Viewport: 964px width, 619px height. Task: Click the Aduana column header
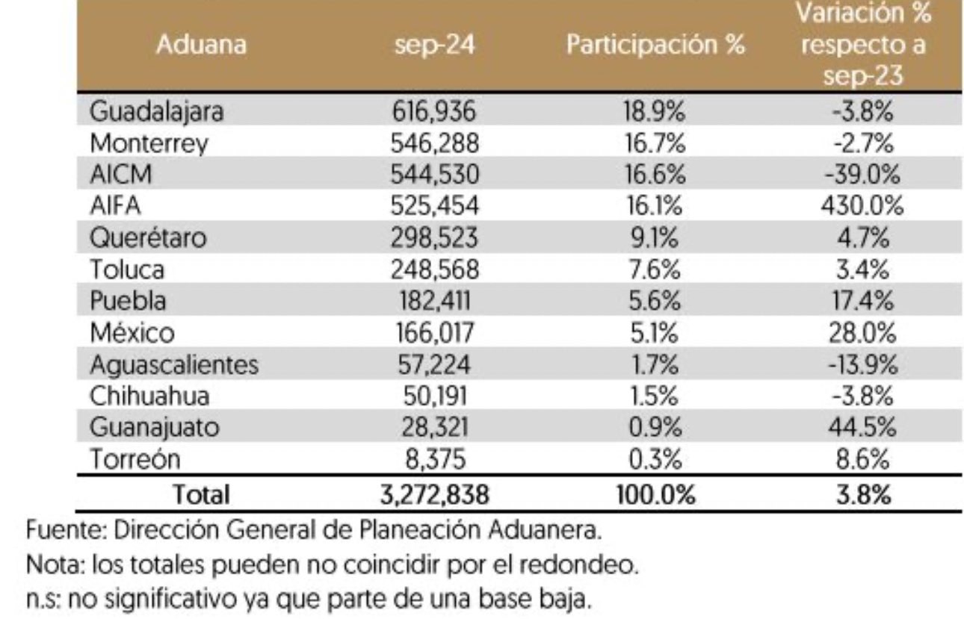[x=201, y=45]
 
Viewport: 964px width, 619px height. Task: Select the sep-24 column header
[x=434, y=45]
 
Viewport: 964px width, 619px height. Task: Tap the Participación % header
[x=655, y=45]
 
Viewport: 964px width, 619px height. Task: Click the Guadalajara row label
[x=157, y=112]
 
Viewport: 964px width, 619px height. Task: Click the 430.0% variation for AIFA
[x=862, y=206]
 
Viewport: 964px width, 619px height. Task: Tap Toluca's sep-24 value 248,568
[x=434, y=270]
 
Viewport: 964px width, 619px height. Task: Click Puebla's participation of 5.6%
[x=652, y=302]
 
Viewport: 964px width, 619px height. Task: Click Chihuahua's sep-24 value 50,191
[x=434, y=396]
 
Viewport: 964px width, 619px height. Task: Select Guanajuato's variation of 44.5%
[x=862, y=429]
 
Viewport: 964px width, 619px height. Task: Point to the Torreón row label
[x=135, y=460]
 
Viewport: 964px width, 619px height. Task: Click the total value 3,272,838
[x=434, y=494]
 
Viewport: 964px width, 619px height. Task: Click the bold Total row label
[x=201, y=494]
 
